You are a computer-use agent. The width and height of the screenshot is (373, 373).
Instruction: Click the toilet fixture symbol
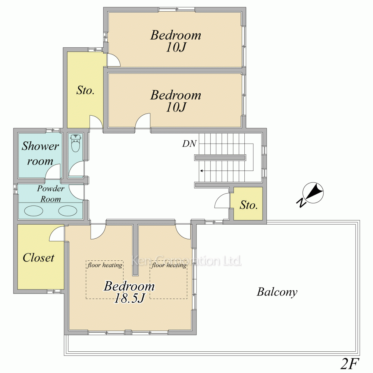75,143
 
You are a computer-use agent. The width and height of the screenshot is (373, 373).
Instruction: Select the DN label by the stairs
189,144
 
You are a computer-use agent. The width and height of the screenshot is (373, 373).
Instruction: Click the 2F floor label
350,363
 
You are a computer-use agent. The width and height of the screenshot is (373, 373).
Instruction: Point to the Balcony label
277,292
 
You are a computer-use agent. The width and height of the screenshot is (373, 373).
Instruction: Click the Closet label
38,258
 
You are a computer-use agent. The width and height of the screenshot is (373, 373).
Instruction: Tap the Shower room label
40,153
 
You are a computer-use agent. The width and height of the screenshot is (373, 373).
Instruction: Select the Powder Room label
50,194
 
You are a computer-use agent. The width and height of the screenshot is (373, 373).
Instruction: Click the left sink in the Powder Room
34,210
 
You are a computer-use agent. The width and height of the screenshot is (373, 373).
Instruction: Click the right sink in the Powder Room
68,210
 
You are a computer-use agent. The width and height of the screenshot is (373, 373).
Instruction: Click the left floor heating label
105,265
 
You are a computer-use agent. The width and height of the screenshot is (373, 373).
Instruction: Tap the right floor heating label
169,265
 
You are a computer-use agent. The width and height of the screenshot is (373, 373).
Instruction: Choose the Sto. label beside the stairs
248,205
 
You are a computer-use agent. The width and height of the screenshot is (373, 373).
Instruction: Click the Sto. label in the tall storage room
85,90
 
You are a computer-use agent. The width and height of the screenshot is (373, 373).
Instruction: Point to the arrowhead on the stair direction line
201,171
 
